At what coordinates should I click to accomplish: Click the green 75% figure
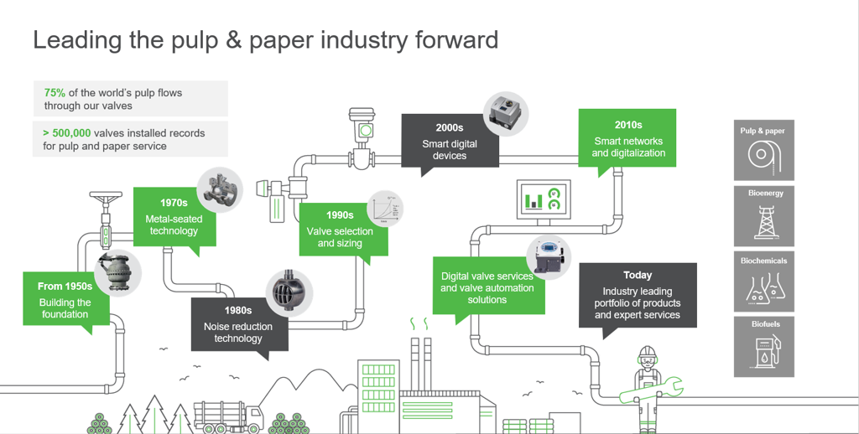[x=55, y=93]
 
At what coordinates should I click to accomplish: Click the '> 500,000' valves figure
[x=67, y=133]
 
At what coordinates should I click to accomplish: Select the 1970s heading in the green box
[x=174, y=203]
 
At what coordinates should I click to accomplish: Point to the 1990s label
[x=340, y=215]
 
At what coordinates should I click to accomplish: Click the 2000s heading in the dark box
[x=449, y=128]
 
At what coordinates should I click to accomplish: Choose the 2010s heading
[x=628, y=126]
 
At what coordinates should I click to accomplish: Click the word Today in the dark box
[x=638, y=276]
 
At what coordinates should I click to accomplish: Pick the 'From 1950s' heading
[x=65, y=287]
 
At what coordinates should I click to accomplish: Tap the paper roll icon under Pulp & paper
[x=763, y=157]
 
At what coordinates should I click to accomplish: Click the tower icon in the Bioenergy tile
[x=763, y=222]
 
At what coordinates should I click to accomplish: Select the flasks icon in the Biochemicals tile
[x=763, y=287]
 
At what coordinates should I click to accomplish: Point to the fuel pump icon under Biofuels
[x=763, y=351]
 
